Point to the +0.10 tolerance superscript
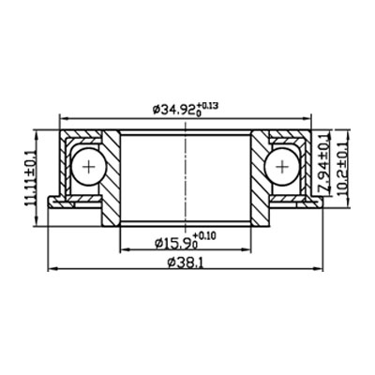(x=204, y=235)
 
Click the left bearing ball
(x=90, y=167)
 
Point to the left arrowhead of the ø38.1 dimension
(x=52, y=269)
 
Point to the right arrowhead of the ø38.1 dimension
(x=321, y=269)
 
